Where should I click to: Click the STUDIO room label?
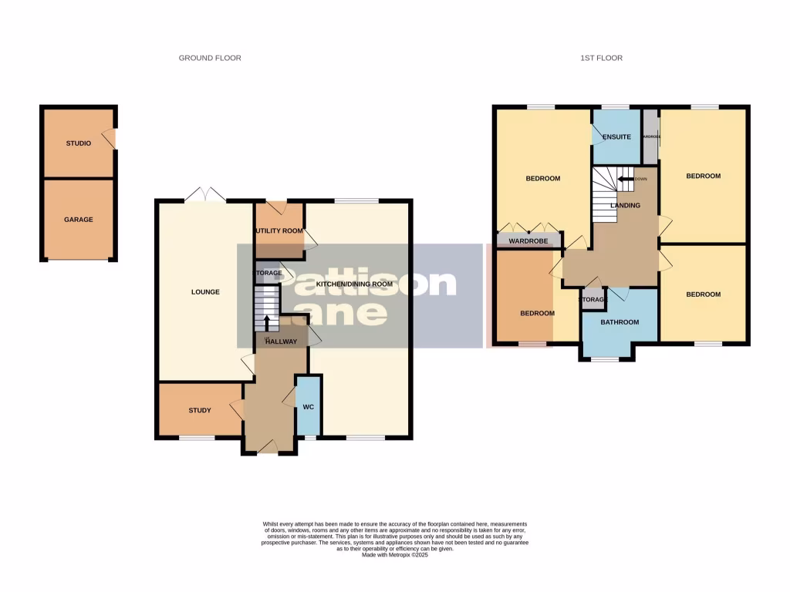(78, 143)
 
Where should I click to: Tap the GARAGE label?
(78, 220)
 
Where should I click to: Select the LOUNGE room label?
(206, 292)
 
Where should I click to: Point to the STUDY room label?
(200, 410)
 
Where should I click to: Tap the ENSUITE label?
(617, 137)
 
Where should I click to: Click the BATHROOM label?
(620, 322)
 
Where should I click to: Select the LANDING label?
(625, 206)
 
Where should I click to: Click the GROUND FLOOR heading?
(210, 58)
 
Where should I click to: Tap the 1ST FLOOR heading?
(603, 58)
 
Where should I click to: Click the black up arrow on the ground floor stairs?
(267, 322)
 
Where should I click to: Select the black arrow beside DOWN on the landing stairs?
(624, 179)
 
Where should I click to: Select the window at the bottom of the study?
(197, 438)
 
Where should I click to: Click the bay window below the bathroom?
(605, 359)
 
